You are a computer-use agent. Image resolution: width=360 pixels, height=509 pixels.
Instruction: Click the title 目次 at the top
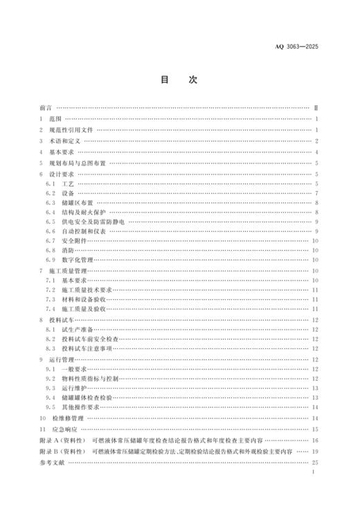[179, 80]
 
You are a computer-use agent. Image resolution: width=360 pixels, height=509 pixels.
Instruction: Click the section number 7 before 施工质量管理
[42, 270]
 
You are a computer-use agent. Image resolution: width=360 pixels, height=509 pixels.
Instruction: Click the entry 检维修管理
[69, 419]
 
